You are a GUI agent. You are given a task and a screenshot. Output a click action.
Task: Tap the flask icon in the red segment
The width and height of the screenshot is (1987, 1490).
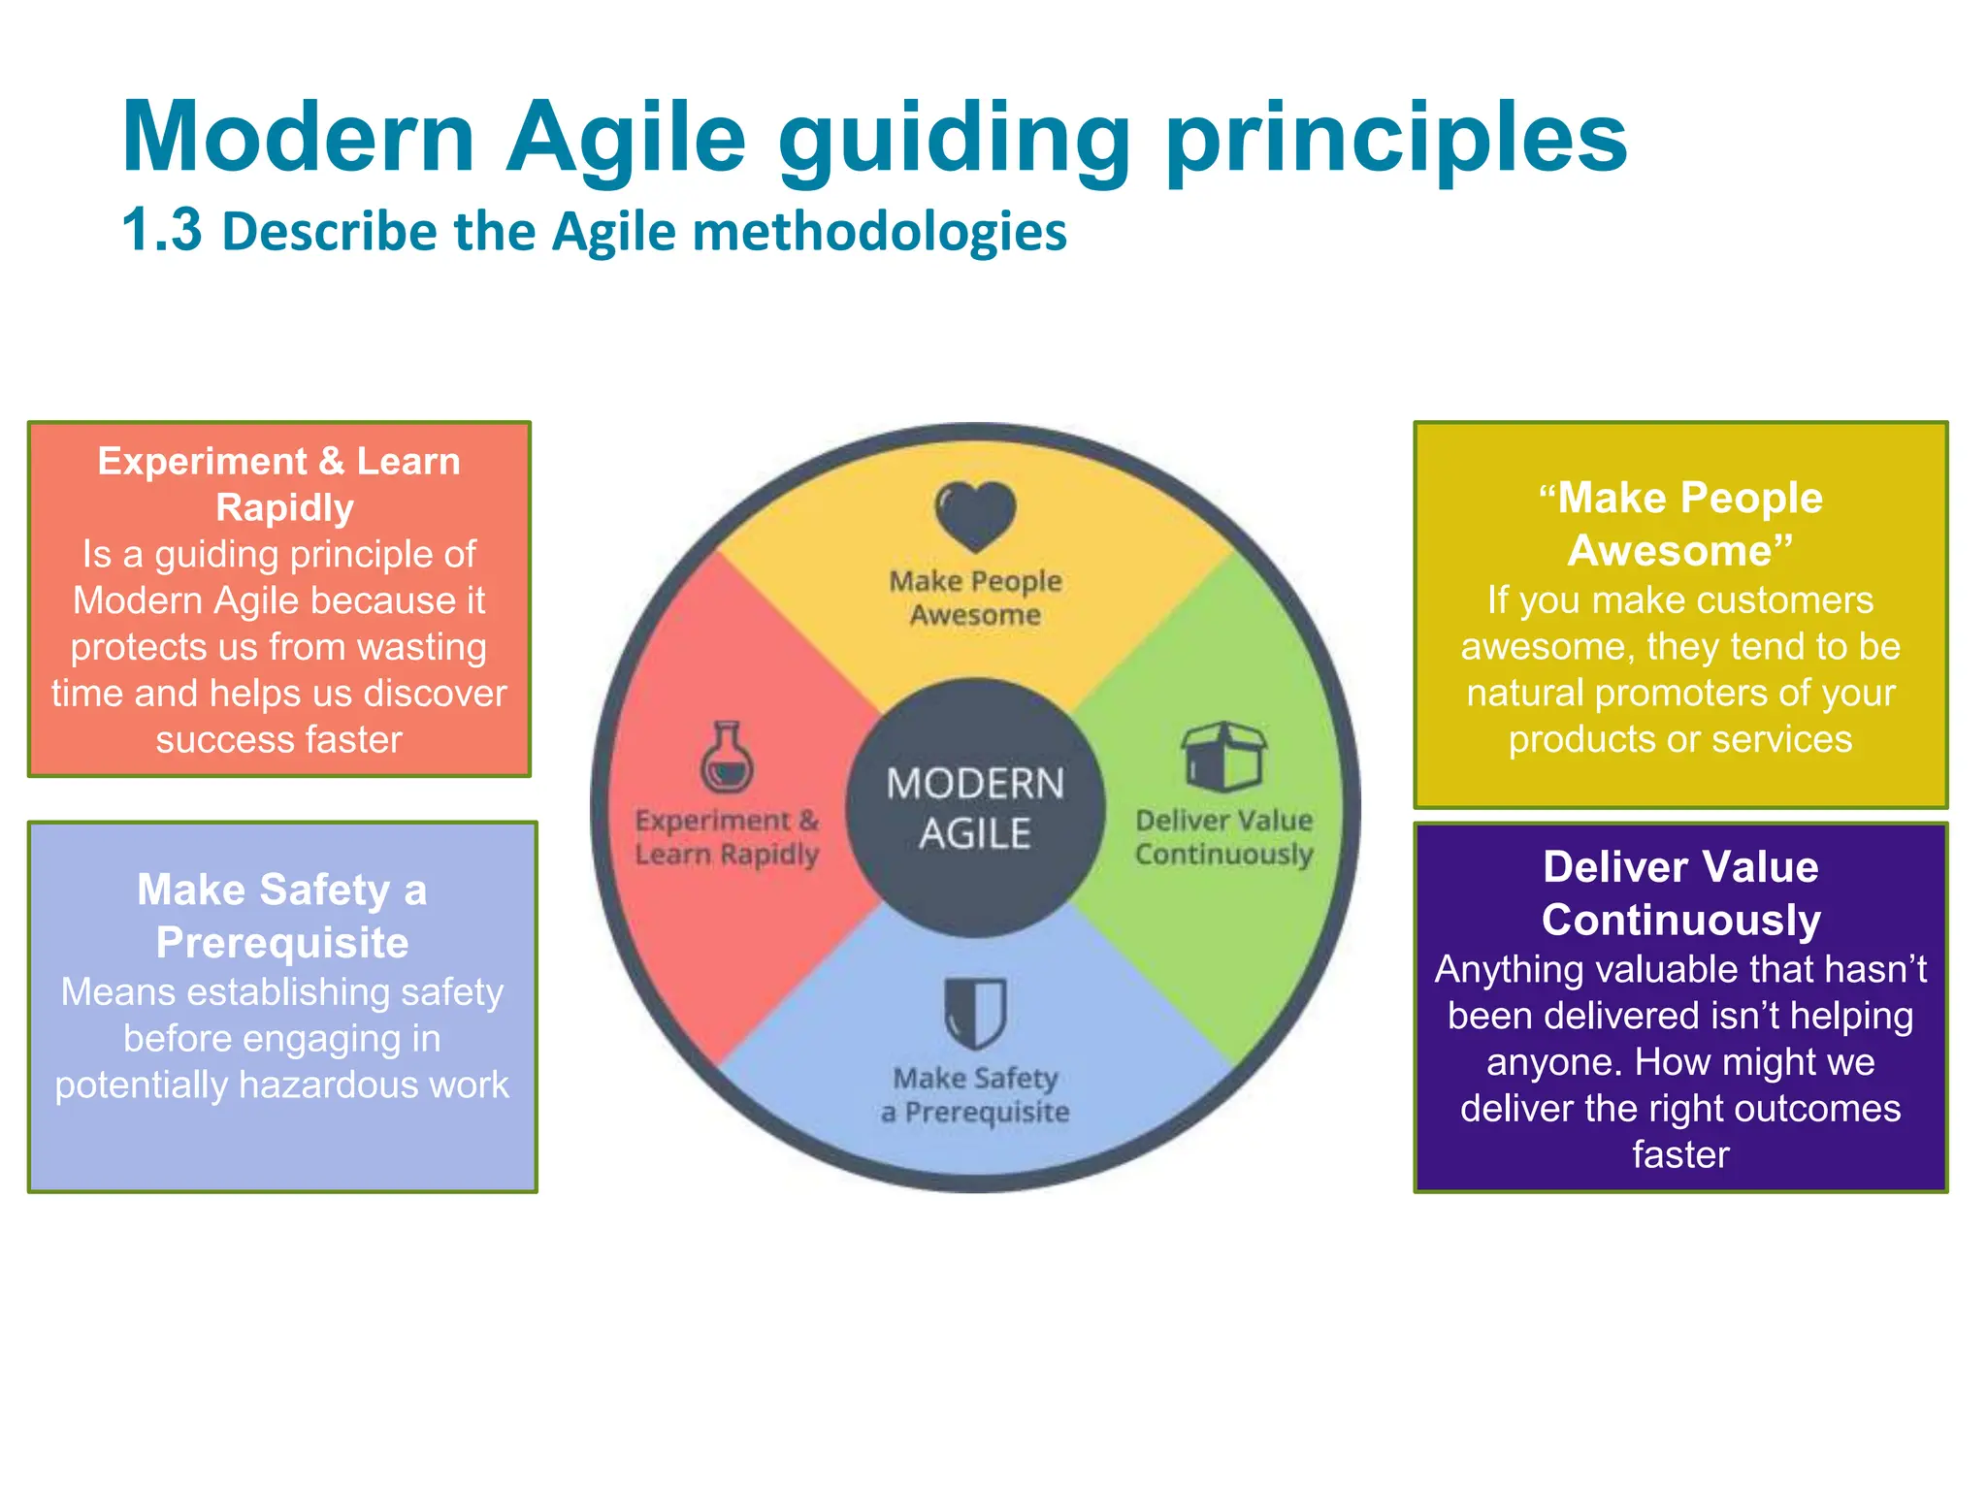[727, 758]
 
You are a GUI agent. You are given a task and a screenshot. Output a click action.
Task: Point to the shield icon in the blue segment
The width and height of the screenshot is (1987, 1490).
[975, 1013]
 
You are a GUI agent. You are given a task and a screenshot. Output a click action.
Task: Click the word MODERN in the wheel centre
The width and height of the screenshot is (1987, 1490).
[975, 784]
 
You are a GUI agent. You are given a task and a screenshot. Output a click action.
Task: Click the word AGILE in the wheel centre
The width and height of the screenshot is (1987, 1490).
[975, 834]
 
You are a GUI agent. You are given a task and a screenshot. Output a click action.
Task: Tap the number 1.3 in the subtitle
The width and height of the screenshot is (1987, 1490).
[162, 231]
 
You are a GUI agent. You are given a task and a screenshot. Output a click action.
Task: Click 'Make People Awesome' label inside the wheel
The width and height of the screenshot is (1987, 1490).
[975, 598]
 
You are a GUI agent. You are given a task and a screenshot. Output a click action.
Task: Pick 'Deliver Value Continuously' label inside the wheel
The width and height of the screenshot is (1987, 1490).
[1223, 837]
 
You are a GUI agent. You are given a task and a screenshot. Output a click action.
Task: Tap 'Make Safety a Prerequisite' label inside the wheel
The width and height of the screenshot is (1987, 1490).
[975, 1095]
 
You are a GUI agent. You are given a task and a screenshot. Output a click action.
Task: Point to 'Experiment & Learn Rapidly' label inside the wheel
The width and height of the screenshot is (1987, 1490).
[727, 837]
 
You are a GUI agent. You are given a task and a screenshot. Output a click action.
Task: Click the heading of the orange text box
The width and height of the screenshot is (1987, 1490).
[279, 484]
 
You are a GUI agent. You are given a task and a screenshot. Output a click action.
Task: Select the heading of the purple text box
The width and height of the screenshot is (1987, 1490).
[1680, 892]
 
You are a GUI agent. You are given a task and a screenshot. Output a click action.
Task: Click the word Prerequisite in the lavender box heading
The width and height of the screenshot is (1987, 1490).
[282, 943]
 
